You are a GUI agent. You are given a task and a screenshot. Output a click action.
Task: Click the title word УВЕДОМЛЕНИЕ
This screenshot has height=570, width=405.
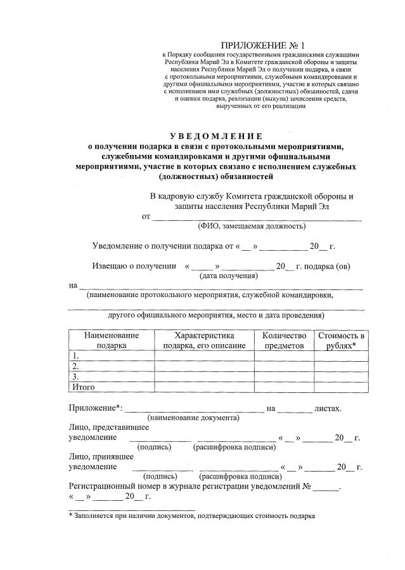[216, 136]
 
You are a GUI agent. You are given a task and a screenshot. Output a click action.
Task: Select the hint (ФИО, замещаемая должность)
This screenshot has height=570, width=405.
[252, 226]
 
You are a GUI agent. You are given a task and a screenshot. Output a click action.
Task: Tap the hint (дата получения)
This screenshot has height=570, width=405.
[229, 276]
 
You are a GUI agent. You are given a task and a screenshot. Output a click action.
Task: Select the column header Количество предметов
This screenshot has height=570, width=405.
[283, 340]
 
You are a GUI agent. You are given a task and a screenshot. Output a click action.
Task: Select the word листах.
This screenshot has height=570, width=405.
[328, 408]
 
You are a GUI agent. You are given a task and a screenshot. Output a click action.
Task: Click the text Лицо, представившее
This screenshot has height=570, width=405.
[100, 428]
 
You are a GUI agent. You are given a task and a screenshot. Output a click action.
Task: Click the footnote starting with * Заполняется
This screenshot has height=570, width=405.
[191, 516]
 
